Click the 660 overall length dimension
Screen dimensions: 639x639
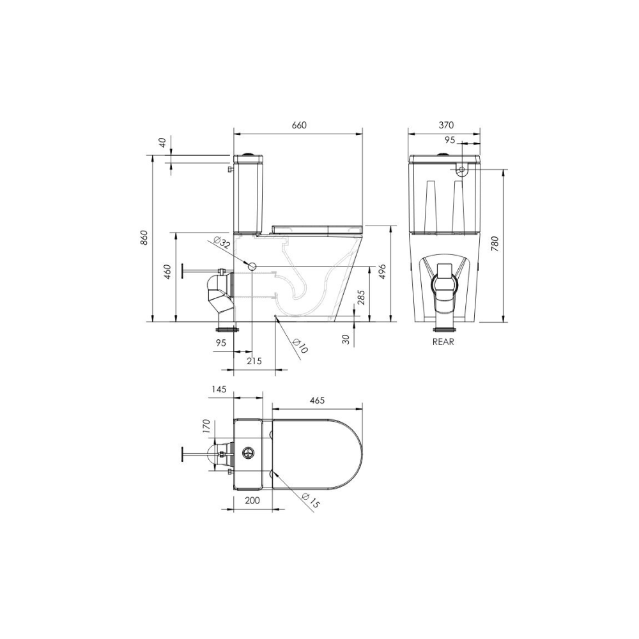(x=299, y=125)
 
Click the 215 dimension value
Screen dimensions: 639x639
(x=254, y=361)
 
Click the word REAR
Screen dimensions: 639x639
(x=443, y=342)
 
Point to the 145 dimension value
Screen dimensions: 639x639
(x=221, y=389)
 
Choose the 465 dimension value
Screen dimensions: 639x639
(x=317, y=401)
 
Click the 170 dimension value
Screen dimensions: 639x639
(x=206, y=426)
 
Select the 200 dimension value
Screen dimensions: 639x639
(x=252, y=500)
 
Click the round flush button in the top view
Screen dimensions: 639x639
(x=248, y=450)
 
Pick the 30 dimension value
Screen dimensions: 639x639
(x=346, y=340)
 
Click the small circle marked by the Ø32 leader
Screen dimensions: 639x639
(x=252, y=266)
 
